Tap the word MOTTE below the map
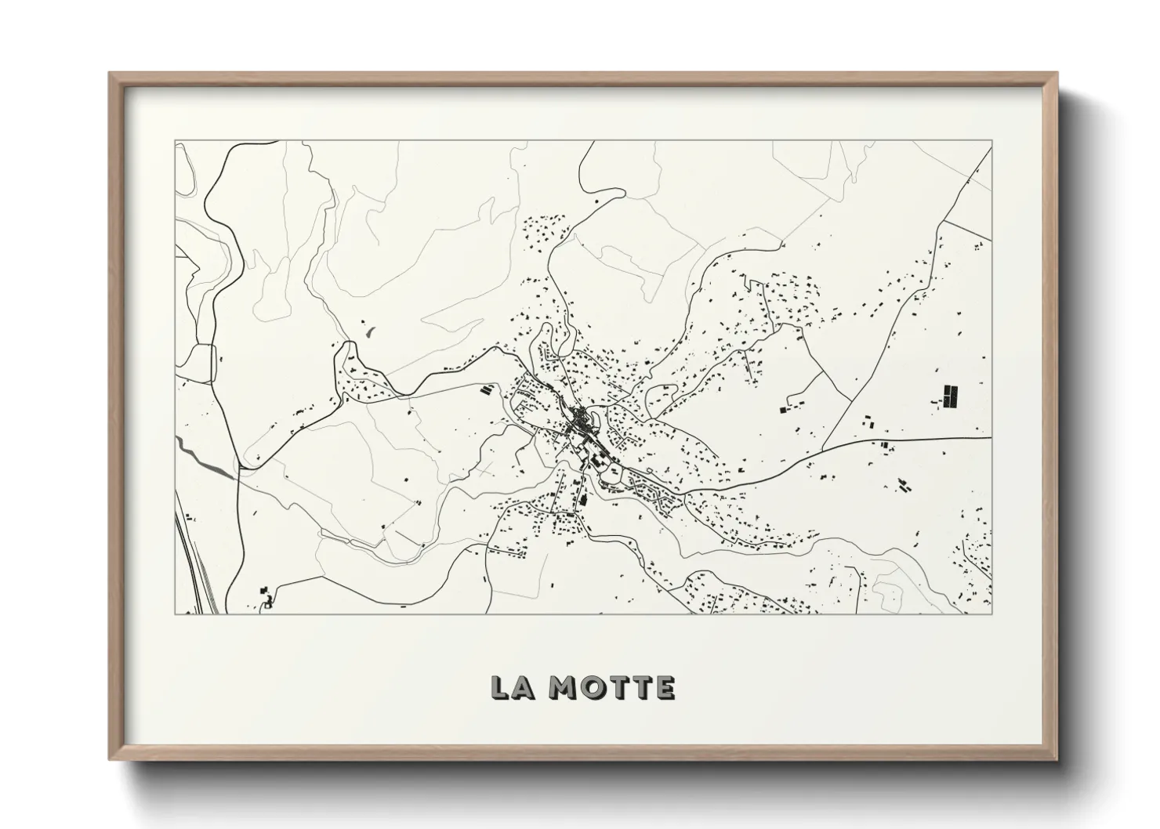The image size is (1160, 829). pyautogui.click(x=611, y=687)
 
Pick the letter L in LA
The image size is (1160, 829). pyautogui.click(x=499, y=687)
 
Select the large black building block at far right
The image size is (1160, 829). pyautogui.click(x=950, y=396)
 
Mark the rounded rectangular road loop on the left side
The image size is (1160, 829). pyautogui.click(x=202, y=363)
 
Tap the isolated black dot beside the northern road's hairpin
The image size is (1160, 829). pyautogui.click(x=596, y=203)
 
